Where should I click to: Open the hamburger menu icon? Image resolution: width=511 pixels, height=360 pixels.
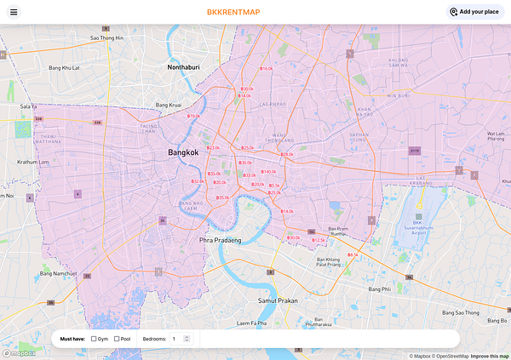click(14, 12)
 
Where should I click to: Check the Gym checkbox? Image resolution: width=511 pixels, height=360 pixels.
click(94, 339)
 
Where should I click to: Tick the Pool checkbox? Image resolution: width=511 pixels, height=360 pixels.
click(117, 339)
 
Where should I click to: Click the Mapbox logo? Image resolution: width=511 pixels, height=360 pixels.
click(18, 353)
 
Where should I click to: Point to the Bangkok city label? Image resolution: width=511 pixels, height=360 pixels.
click(183, 152)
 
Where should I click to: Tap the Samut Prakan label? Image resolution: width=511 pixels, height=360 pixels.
click(275, 300)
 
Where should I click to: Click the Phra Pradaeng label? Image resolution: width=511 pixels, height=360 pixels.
click(220, 241)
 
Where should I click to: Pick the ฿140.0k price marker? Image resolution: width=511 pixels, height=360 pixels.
click(269, 172)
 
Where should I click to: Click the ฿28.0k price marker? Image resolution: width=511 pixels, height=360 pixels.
click(287, 154)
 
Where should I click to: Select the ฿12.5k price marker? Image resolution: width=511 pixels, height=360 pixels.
click(319, 241)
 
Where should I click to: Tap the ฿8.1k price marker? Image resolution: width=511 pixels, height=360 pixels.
click(353, 254)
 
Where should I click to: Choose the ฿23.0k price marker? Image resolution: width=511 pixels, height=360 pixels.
click(214, 148)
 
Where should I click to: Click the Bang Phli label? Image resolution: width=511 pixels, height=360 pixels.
click(379, 289)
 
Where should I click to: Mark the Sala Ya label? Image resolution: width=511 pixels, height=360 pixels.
click(29, 106)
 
